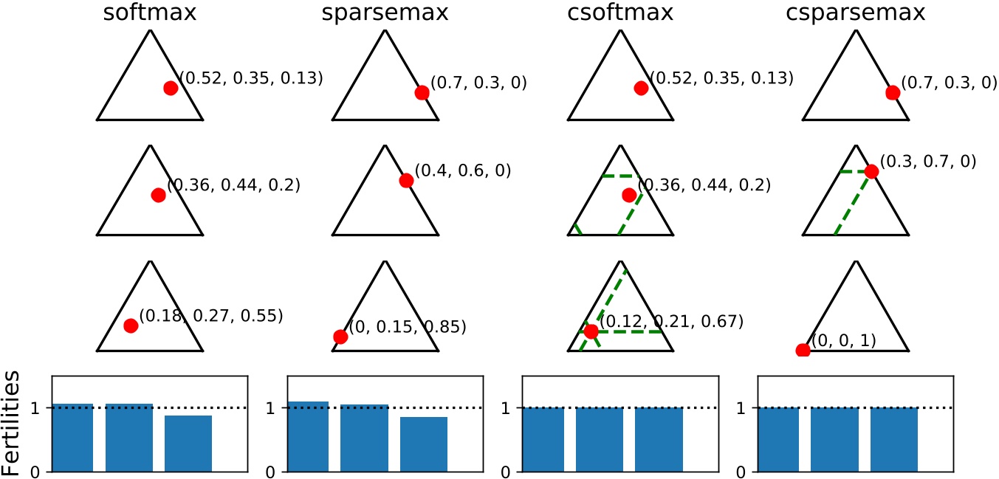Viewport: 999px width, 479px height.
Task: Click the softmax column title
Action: click(150, 13)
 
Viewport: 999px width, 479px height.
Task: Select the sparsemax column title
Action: click(385, 13)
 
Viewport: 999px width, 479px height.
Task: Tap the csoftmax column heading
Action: click(620, 13)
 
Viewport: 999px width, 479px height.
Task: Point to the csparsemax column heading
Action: click(855, 13)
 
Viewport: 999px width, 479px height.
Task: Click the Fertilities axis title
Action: click(13, 424)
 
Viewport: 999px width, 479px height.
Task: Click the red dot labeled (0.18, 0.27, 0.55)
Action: click(131, 325)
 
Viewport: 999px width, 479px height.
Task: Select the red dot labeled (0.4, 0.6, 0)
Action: click(405, 181)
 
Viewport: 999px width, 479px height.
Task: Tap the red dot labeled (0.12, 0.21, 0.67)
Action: click(591, 331)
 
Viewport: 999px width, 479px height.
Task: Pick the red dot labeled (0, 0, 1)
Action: click(803, 350)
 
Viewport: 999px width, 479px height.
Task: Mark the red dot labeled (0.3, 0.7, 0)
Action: click(871, 171)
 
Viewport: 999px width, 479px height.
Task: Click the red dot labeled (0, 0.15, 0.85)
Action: click(340, 337)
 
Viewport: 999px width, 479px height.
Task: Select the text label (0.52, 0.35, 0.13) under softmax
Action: click(252, 77)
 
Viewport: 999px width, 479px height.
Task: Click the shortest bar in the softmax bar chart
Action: click(188, 443)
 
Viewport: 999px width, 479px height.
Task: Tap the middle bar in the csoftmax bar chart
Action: click(600, 439)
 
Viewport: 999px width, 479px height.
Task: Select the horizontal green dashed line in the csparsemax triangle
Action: click(855, 171)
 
